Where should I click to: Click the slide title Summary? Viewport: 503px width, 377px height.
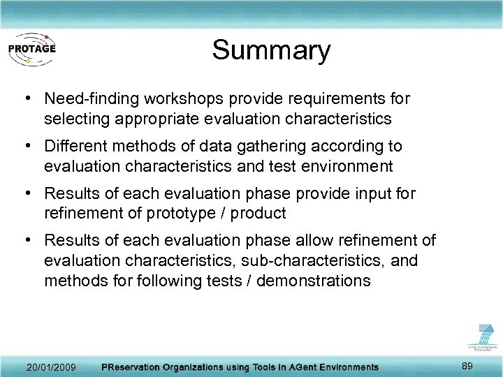pos(271,50)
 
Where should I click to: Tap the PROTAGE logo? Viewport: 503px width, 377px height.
pos(31,49)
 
